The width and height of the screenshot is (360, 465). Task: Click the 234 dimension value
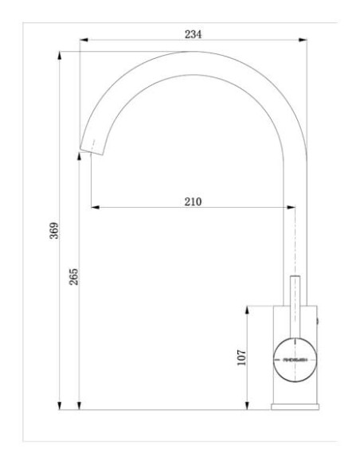[194, 34]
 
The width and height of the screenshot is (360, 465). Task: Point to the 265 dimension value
[72, 277]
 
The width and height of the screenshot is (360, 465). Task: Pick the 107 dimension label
[242, 356]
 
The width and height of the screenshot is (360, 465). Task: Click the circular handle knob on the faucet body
[295, 359]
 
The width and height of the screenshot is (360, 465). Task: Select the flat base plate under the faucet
[295, 407]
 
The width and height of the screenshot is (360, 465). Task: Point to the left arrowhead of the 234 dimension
[83, 42]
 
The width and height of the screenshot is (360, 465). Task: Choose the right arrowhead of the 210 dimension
[292, 209]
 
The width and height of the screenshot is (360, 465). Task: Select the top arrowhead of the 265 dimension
[79, 158]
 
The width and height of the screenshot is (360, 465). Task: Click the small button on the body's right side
[320, 319]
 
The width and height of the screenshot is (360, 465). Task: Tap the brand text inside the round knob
[295, 360]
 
